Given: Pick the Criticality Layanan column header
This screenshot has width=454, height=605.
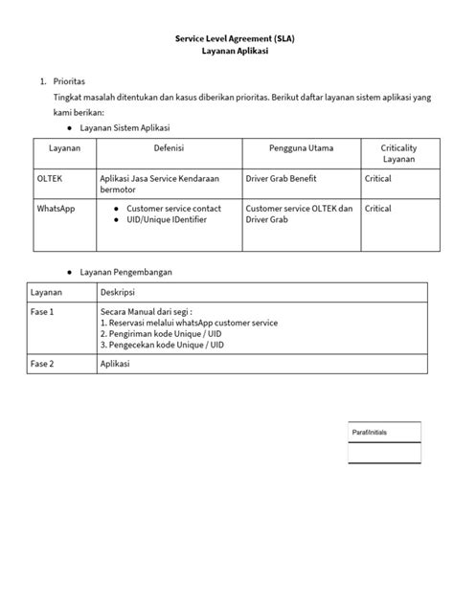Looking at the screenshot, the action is (397, 154).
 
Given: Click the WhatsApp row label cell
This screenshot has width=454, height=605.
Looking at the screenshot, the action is (57, 208).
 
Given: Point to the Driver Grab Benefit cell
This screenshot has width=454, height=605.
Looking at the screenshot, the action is (285, 179).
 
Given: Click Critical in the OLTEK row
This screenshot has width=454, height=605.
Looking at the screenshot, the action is (378, 179).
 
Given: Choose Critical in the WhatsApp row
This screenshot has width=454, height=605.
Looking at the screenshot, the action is (378, 208).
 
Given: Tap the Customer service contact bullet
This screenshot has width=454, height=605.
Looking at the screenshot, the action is (173, 208).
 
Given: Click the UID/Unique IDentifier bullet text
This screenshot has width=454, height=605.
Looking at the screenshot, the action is (168, 219).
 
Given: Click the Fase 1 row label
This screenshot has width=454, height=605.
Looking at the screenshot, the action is (42, 312).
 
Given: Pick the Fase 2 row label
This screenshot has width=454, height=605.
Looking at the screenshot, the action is (42, 365).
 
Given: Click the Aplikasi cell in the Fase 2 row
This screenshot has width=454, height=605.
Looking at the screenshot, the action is (115, 365).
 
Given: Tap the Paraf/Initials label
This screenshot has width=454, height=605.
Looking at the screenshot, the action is (370, 432).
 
